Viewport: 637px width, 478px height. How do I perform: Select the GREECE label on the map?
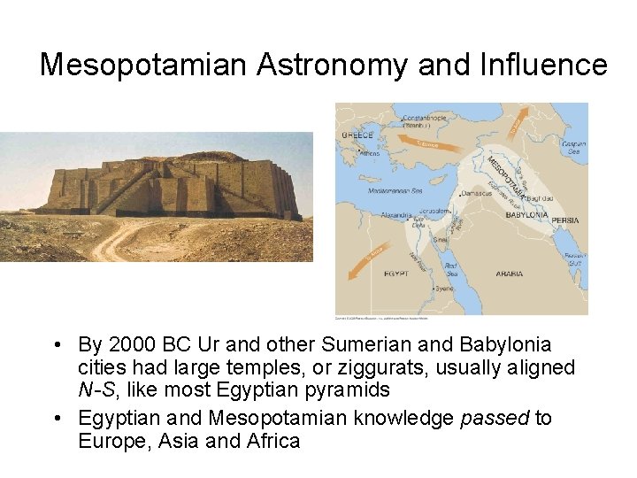357,135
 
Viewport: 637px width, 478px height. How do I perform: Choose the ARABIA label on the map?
509,274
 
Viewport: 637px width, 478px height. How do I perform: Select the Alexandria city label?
395,215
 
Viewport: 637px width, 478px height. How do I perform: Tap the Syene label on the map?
445,289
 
